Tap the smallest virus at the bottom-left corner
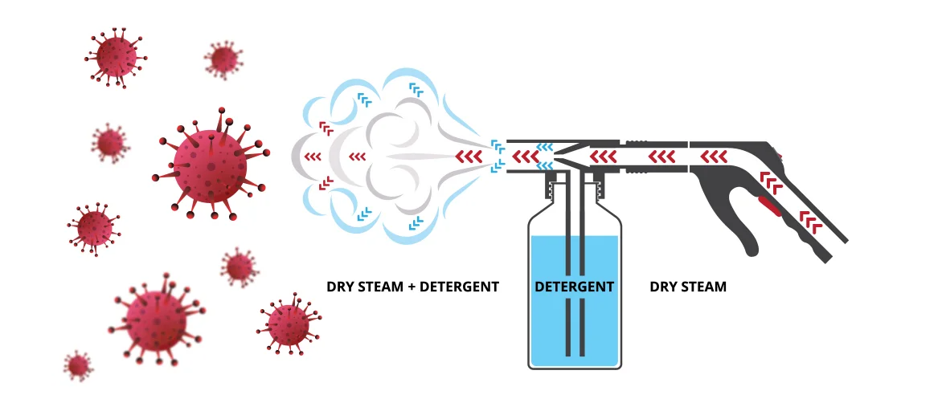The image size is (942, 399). [78, 365]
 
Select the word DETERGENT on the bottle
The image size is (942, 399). [574, 287]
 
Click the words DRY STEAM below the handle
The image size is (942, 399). [687, 287]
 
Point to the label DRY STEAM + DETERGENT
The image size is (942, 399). [412, 287]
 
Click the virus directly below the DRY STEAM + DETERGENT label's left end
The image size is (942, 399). [287, 325]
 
